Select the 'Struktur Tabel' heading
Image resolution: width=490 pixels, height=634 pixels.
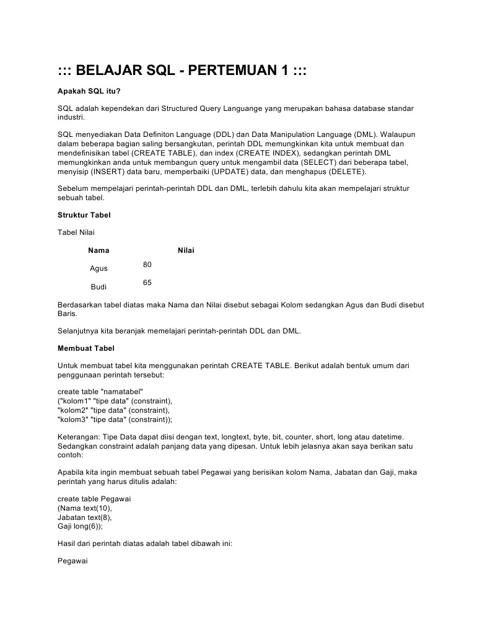tap(84, 214)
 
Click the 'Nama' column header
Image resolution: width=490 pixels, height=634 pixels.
tap(98, 250)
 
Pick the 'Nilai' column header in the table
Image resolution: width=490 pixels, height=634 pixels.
tap(186, 250)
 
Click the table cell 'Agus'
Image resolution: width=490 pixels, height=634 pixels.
tap(98, 268)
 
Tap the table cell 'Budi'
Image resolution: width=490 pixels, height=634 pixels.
tap(98, 287)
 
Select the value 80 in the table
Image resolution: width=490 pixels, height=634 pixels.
tap(147, 265)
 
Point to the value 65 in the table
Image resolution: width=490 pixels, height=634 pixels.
tap(147, 283)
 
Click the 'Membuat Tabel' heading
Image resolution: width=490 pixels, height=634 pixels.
tap(85, 348)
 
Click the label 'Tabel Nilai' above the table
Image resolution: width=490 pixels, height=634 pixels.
tap(76, 232)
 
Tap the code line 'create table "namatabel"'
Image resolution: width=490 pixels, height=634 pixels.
tap(100, 392)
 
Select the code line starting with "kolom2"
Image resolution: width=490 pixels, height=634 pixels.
tap(113, 410)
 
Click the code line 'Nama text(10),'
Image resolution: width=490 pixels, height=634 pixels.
tap(85, 508)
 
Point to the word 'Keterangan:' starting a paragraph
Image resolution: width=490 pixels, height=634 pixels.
tap(78, 437)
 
